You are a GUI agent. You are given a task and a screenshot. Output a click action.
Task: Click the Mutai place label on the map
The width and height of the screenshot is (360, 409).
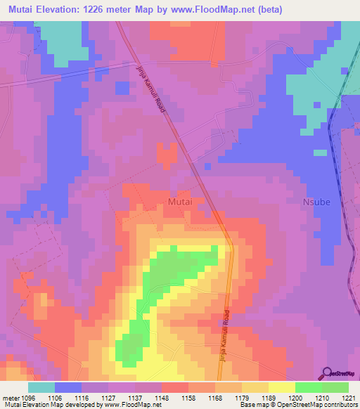181,202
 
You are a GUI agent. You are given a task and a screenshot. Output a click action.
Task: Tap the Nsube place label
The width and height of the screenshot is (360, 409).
316,202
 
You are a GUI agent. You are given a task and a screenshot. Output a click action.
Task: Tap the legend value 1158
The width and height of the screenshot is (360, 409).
188,397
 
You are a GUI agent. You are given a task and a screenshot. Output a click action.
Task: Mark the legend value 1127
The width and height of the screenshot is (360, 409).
109,397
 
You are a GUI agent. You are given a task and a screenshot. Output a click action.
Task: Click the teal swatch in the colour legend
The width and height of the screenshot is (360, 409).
41,387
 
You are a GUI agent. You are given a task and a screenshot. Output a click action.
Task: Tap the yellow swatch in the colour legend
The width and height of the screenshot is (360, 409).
281,387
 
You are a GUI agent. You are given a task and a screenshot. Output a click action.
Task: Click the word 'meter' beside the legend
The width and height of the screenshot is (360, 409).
11,397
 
